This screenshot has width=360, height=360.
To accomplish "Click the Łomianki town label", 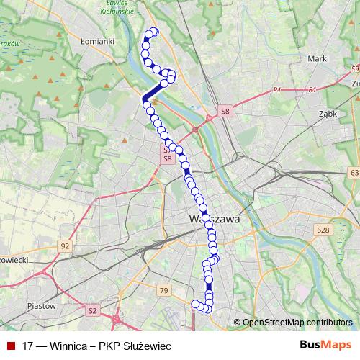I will pos(99,41).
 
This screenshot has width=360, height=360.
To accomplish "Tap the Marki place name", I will pos(318,58).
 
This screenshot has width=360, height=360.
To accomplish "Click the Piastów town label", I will pos(41,306).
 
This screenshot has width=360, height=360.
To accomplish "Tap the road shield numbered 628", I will pos(322,230).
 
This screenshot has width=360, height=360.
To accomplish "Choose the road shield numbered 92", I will pos(66,246).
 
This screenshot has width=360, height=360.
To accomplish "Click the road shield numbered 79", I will pos(164,291).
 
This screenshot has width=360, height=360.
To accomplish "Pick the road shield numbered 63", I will pos(353,174).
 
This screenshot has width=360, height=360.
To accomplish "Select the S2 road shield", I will pos(91,311).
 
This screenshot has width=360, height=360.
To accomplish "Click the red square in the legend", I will pos(11,346).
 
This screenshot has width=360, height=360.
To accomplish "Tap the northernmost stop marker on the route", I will pos(153,32).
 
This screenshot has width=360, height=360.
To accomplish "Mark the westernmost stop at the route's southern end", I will pos(194,304).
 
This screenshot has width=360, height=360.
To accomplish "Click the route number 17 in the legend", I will pos(29,346).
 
